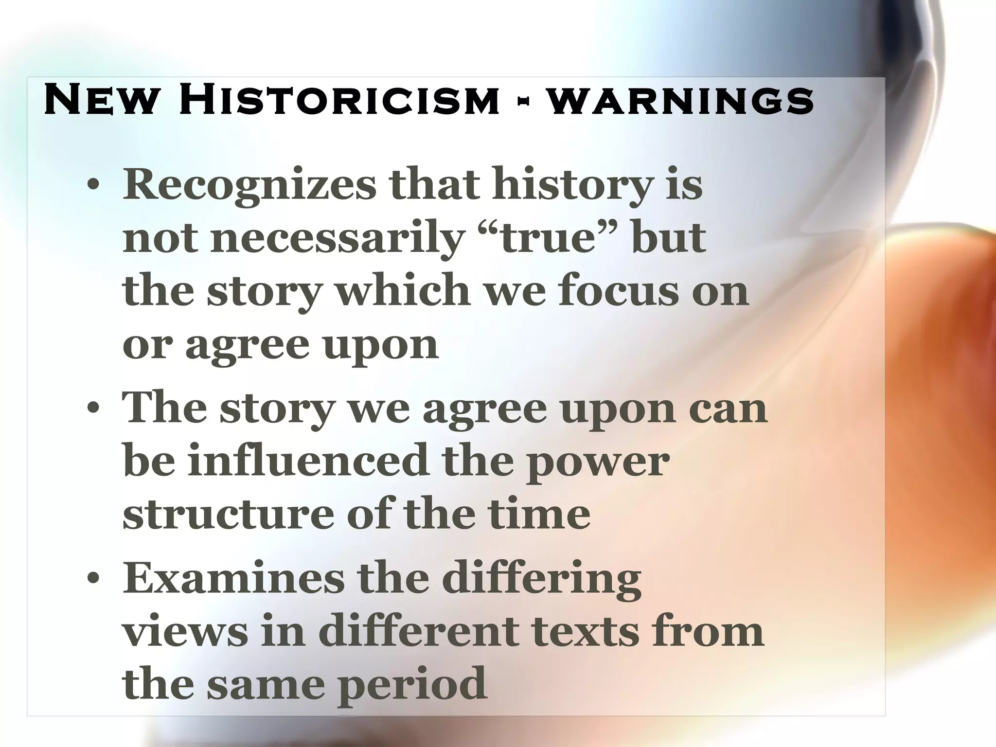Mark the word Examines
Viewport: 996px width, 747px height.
point(233,579)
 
